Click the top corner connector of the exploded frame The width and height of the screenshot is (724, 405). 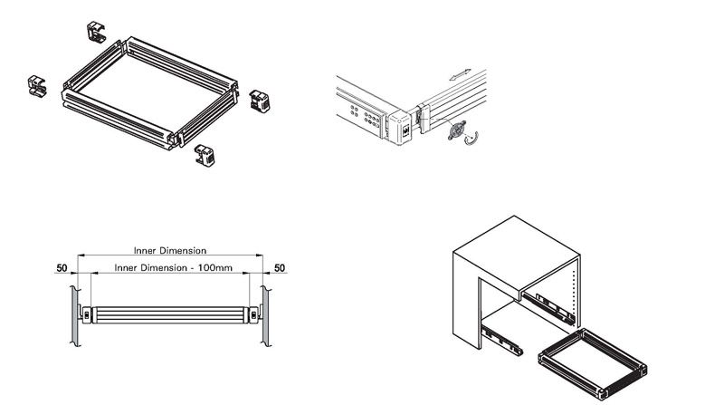tap(99, 31)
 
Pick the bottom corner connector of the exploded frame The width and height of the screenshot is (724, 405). tap(205, 156)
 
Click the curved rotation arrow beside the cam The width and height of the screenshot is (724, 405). tap(470, 140)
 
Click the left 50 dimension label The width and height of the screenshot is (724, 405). tap(62, 269)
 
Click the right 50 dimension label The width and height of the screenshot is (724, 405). tap(280, 269)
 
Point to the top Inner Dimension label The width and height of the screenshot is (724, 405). tap(170, 250)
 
